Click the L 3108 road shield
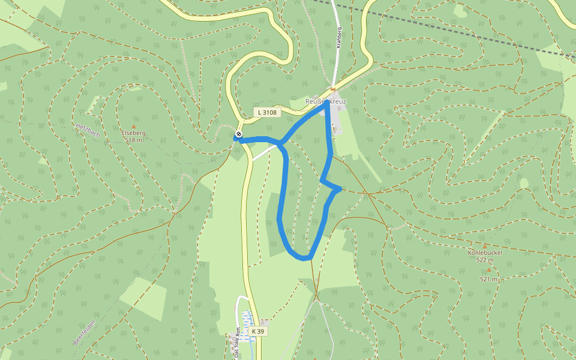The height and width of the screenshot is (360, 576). click(x=267, y=112)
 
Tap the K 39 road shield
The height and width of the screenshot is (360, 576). click(x=258, y=331)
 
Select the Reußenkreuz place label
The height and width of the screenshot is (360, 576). click(x=326, y=101)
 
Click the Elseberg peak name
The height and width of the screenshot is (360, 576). click(x=133, y=133)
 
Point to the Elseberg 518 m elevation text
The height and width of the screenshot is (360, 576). click(x=134, y=140)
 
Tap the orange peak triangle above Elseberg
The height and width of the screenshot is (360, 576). click(x=133, y=125)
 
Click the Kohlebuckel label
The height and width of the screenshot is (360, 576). click(x=485, y=253)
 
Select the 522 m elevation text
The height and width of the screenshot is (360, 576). click(x=485, y=260)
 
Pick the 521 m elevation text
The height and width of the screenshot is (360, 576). click(x=488, y=279)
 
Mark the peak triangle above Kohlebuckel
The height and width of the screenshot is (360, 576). click(x=485, y=246)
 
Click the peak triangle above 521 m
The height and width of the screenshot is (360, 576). click(x=488, y=271)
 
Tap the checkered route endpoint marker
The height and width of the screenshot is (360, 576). click(x=239, y=134)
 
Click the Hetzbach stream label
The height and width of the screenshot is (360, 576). click(x=88, y=130)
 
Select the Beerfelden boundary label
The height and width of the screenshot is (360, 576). click(x=85, y=331)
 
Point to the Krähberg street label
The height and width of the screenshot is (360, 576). click(x=339, y=37)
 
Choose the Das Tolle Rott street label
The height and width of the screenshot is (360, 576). click(x=238, y=343)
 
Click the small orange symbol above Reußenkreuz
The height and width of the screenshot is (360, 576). click(x=333, y=90)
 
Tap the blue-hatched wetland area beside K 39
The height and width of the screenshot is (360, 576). click(x=247, y=324)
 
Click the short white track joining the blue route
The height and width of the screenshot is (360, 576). click(x=264, y=153)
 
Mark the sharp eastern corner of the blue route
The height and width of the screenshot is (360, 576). click(x=340, y=189)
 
